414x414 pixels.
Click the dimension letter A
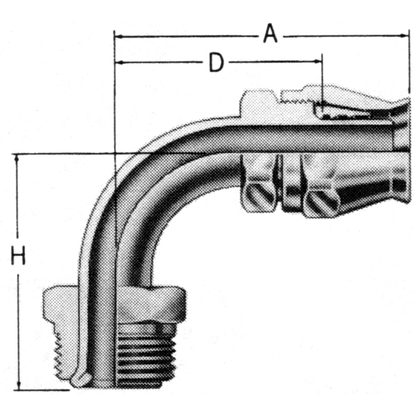pos(270,34)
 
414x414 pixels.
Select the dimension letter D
pos(216,62)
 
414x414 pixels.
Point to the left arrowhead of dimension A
pos(118,35)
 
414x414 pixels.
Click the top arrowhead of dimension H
pos(18,159)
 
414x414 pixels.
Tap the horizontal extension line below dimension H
pos(41,389)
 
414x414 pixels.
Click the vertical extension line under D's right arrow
pos(322,83)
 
